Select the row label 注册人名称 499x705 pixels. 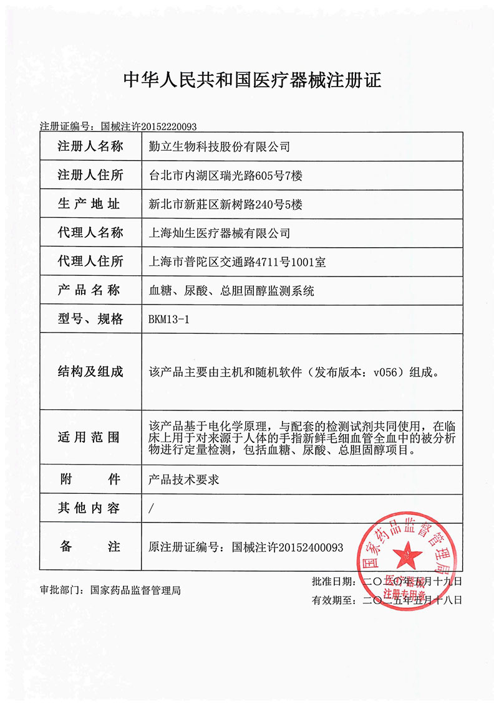90,147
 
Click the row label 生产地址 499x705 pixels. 90,204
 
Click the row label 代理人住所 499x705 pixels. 90,261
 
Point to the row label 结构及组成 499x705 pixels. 90,372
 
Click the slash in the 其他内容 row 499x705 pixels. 152,509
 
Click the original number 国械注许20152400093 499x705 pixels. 288,547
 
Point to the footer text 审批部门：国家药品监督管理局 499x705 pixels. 110,590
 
